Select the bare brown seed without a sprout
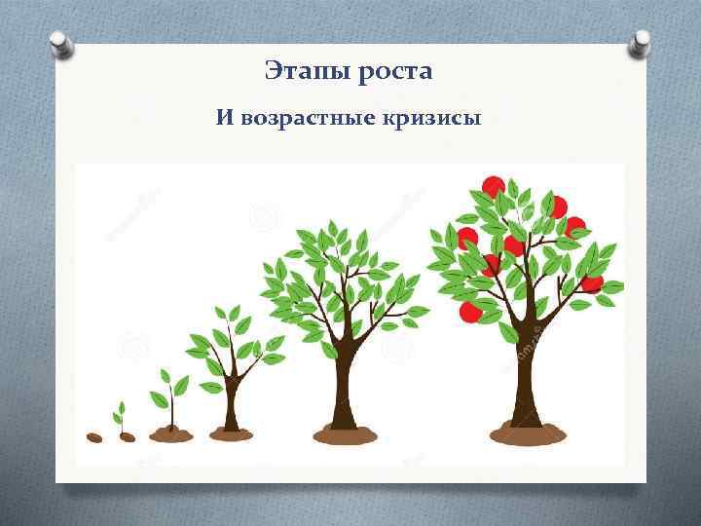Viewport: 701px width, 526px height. [94, 437]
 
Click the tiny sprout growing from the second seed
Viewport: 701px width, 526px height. [121, 416]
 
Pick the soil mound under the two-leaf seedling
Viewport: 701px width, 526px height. [170, 433]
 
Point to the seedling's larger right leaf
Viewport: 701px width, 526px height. [180, 386]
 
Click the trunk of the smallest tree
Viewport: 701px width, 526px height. [231, 404]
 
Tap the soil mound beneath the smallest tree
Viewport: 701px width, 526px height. [231, 434]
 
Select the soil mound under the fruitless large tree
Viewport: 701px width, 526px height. [344, 433]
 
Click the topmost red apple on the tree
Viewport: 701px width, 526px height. [493, 186]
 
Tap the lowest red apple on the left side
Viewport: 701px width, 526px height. [470, 312]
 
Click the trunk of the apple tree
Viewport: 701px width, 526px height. [527, 380]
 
